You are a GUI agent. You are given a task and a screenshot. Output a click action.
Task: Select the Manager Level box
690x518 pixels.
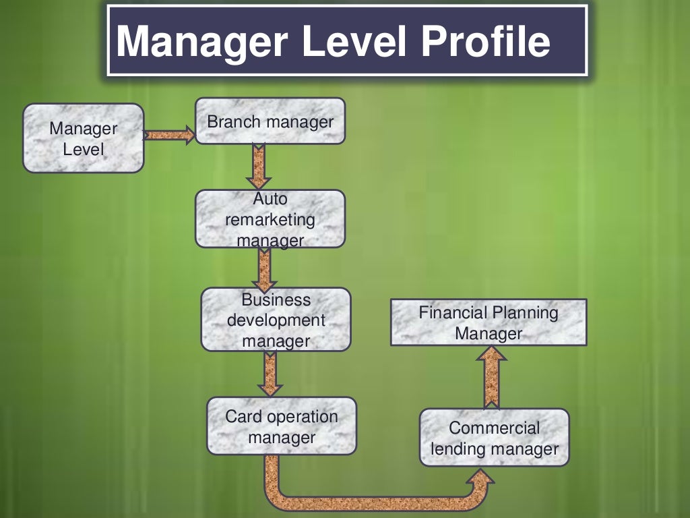(x=84, y=138)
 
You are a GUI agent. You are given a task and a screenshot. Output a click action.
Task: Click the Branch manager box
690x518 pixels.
(x=270, y=121)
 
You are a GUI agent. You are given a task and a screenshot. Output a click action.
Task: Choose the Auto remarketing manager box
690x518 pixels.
(x=270, y=219)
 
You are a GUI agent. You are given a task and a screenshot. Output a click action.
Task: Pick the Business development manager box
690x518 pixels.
(x=276, y=320)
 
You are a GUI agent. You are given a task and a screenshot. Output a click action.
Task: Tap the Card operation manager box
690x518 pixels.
(x=282, y=426)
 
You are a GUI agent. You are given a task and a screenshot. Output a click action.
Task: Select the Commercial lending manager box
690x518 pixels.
(x=494, y=438)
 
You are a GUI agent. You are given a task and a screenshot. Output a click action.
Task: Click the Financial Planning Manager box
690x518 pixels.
(x=489, y=322)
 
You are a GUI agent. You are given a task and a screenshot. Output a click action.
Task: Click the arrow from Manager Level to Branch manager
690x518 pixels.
(x=168, y=135)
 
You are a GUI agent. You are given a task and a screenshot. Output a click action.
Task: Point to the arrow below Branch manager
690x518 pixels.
(x=258, y=166)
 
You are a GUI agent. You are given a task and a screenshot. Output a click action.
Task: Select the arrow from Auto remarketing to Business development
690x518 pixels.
(x=263, y=268)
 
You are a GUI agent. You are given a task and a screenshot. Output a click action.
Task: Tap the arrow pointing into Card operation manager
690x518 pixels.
(x=270, y=374)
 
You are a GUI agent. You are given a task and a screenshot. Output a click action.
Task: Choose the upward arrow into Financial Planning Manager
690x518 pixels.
(x=492, y=377)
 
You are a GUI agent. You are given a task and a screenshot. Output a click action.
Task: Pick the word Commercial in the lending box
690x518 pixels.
(x=494, y=428)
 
